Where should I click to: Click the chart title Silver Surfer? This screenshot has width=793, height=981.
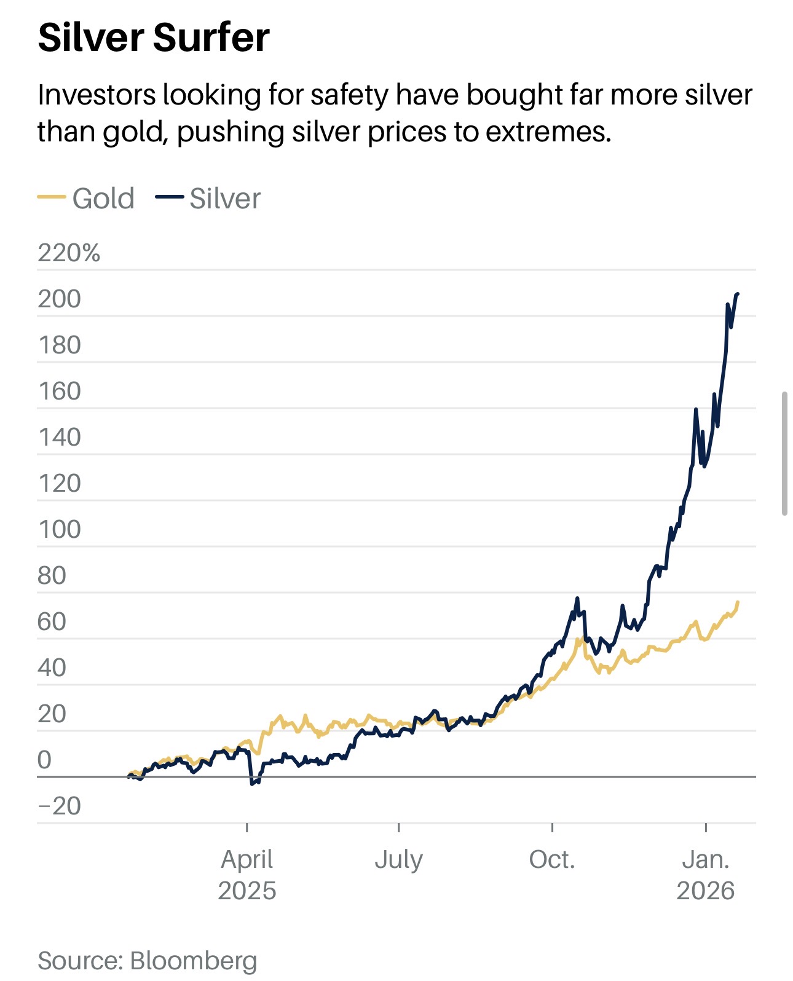(153, 37)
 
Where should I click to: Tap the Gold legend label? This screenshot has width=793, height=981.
(103, 199)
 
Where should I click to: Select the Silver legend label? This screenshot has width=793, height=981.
(225, 199)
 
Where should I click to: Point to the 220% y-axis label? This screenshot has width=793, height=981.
(68, 253)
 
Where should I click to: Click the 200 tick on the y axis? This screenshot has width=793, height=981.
(59, 299)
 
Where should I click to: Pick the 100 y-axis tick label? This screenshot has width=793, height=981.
(59, 529)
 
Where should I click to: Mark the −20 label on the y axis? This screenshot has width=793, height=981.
(59, 806)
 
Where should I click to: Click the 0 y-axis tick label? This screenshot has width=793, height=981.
(44, 760)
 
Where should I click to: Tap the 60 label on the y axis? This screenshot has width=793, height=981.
(52, 621)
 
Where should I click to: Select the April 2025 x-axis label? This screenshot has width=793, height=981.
(247, 875)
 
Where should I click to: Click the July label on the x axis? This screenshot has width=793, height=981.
(398, 859)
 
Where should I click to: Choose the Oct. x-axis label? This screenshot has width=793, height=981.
(552, 859)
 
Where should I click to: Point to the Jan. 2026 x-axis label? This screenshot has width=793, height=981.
(706, 875)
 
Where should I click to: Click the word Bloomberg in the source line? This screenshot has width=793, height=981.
(194, 960)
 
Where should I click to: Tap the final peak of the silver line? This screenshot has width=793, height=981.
(737, 294)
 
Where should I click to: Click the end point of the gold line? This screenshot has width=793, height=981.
(738, 602)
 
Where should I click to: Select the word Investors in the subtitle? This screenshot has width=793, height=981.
(97, 95)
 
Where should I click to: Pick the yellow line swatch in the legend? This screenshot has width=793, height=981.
(52, 197)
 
